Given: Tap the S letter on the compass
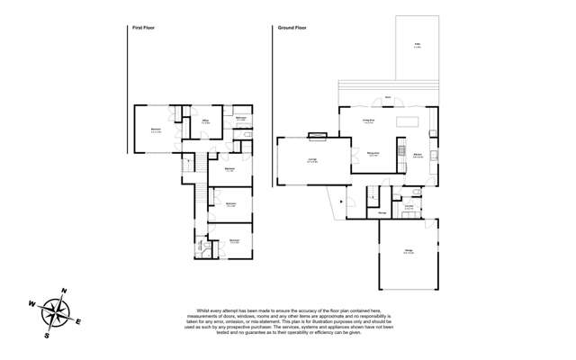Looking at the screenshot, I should pyautogui.click(x=47, y=336).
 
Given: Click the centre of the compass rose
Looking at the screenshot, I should pyautogui.click(x=56, y=313).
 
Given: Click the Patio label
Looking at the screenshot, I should pyautogui.click(x=418, y=44).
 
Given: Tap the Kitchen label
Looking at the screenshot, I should pyautogui.click(x=418, y=155).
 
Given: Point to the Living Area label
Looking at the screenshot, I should pyautogui.click(x=368, y=120).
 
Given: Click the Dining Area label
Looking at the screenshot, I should pyautogui.click(x=372, y=154).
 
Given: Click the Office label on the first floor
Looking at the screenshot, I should pyautogui.click(x=205, y=120).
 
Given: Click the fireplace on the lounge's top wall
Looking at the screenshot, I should pyautogui.click(x=318, y=136).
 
